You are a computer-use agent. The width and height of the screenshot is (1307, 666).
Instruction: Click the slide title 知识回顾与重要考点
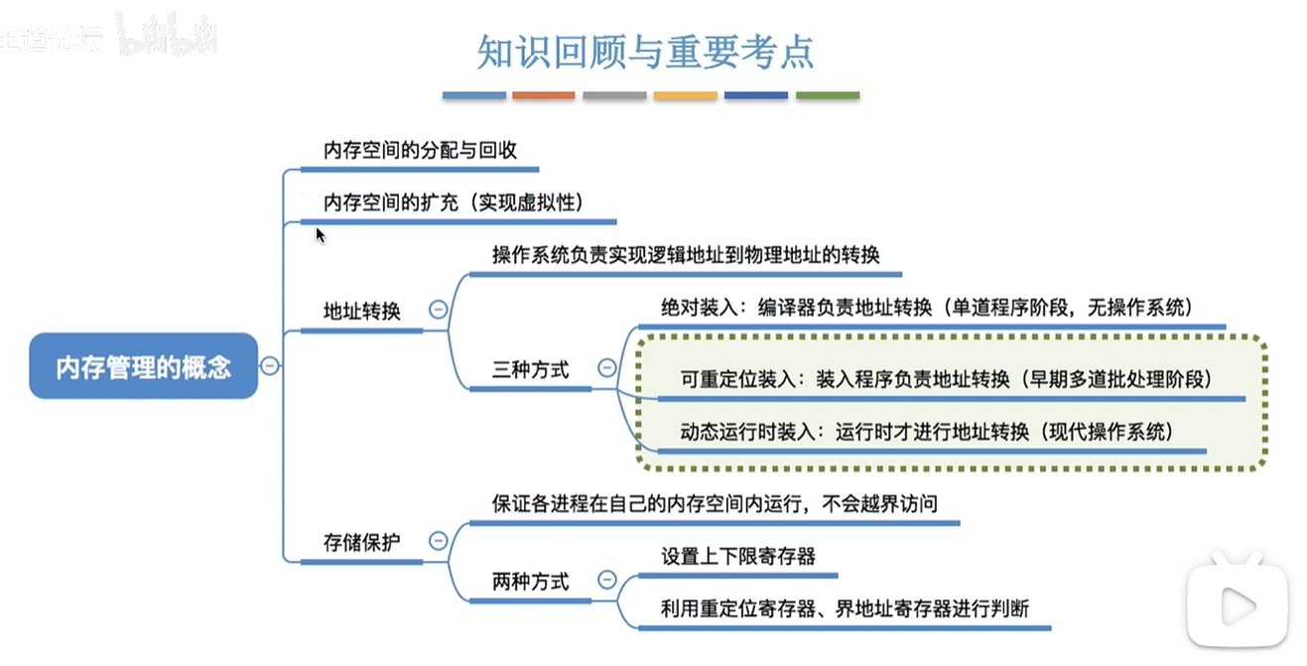click(x=645, y=52)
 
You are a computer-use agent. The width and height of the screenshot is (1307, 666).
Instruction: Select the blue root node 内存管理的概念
click(x=144, y=366)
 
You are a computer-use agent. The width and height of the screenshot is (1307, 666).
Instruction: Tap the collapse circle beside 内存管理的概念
click(x=270, y=366)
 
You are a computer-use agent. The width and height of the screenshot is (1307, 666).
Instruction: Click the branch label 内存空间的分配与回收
click(x=420, y=150)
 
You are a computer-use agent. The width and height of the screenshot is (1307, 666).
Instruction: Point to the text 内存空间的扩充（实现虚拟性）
click(x=454, y=202)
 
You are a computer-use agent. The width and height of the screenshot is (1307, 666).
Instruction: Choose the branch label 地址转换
click(x=362, y=311)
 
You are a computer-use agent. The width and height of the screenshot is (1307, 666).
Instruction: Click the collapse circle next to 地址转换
click(x=439, y=310)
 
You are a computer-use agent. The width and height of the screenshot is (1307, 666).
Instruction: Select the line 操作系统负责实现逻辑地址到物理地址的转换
click(x=686, y=255)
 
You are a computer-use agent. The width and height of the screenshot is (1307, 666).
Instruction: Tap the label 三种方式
click(x=530, y=369)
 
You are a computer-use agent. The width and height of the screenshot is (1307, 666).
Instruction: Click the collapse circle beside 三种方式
click(x=606, y=367)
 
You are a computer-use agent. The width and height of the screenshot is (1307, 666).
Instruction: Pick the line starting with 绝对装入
click(x=927, y=307)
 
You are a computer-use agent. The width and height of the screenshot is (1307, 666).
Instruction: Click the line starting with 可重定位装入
click(x=946, y=379)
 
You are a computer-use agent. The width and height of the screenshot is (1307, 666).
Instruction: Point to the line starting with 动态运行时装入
click(x=927, y=432)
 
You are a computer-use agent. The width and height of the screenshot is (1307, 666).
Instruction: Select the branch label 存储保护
click(x=362, y=542)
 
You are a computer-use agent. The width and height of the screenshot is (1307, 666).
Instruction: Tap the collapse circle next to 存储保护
click(x=439, y=541)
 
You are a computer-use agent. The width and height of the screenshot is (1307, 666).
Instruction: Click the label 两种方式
click(x=530, y=582)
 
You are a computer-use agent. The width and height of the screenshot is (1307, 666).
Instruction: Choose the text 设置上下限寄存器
click(x=738, y=556)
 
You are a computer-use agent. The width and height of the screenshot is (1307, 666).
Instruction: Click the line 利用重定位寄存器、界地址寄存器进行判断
click(x=845, y=608)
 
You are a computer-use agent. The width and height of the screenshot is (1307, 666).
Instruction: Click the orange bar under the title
click(x=544, y=95)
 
